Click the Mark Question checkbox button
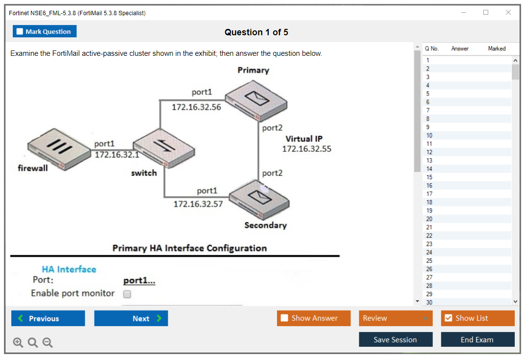pos(45,31)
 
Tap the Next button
pos(131,318)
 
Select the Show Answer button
pos(314,318)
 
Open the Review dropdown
pos(396,318)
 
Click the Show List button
pos(477,318)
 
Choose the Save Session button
pos(396,339)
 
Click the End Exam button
pos(477,339)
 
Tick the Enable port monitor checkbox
pos(127,294)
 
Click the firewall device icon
pos(48,148)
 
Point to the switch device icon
pos(163,148)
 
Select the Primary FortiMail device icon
pos(255,101)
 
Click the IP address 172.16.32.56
pos(196,107)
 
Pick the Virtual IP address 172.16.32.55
pos(306,148)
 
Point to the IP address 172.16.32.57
pos(198,204)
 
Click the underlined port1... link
pos(139,281)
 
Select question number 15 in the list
pos(429,177)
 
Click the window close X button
pos(508,13)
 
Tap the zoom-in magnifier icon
pos(18,343)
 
